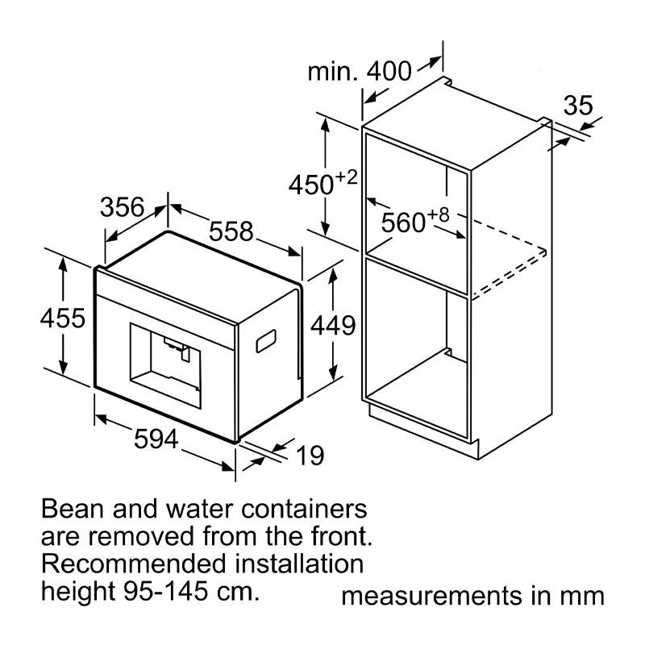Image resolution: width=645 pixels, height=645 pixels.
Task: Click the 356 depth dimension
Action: (123, 207)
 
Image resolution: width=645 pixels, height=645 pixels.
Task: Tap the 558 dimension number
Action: (231, 231)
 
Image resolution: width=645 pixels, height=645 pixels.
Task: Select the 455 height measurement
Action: (63, 318)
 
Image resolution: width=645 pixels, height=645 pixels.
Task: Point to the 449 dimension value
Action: (333, 326)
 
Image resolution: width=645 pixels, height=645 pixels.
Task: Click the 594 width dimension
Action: (156, 439)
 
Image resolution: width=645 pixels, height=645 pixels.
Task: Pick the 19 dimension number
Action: (310, 456)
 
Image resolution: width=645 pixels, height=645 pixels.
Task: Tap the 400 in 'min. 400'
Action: (389, 71)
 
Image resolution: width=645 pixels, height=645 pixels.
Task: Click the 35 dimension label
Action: (578, 106)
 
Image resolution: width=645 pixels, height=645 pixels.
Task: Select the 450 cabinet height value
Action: (311, 185)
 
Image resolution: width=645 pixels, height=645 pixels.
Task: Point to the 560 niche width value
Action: (404, 223)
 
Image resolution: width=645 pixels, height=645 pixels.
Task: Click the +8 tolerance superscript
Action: (439, 214)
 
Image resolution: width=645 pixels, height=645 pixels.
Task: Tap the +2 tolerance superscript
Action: (347, 177)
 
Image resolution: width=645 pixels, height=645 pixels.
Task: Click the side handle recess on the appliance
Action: (266, 341)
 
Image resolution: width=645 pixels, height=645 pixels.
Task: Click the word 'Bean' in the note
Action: (73, 509)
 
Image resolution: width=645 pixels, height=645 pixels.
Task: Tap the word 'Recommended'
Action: (134, 564)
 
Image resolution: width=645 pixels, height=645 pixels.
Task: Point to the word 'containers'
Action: (304, 509)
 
